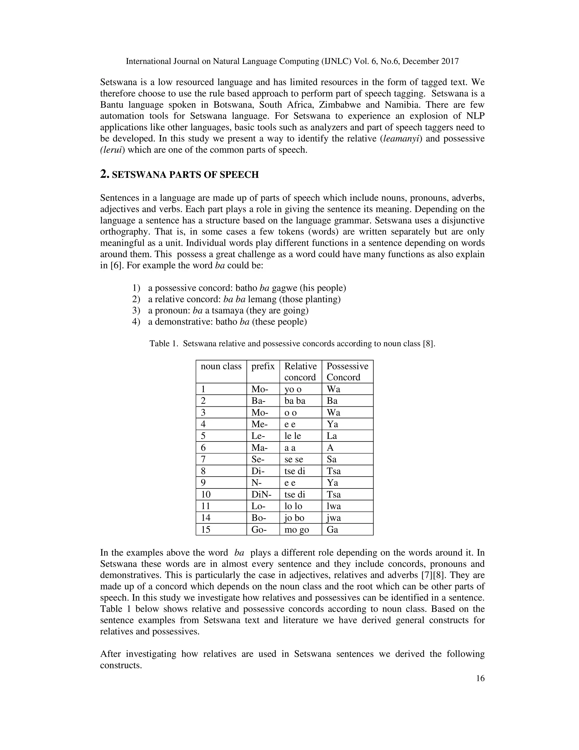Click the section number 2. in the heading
point(105,174)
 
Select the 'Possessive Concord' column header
point(347,371)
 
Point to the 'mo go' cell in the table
point(296,529)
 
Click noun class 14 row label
point(206,518)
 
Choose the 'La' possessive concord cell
point(332,436)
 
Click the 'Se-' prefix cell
point(258,459)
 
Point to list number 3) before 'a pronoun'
point(136,310)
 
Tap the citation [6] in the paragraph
point(116,265)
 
